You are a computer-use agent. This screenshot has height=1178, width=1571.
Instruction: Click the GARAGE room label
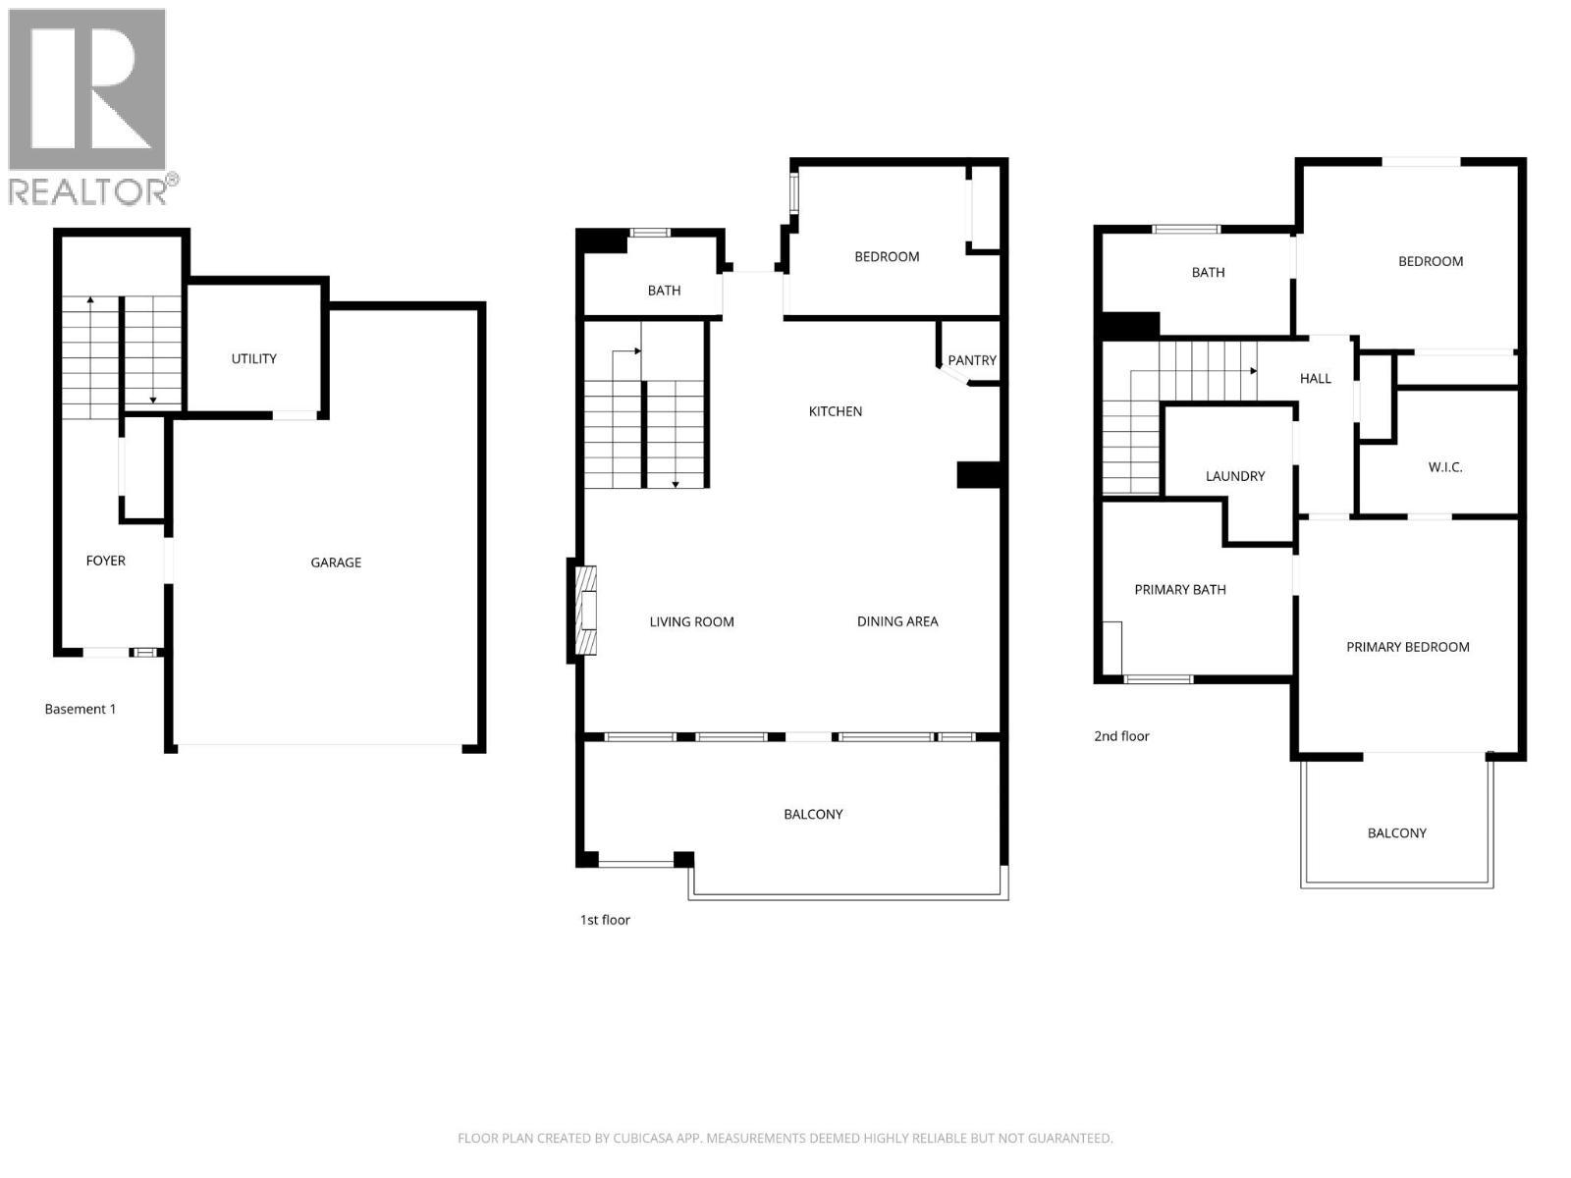(x=336, y=562)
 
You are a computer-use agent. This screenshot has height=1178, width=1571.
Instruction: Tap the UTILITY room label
(x=253, y=359)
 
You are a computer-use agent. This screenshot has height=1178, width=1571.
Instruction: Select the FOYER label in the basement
(x=106, y=561)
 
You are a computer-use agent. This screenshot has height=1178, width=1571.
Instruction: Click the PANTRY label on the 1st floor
(x=972, y=360)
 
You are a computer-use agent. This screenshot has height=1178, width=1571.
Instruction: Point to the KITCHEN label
(x=836, y=411)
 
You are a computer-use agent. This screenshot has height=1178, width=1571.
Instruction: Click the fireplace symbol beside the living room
(x=586, y=611)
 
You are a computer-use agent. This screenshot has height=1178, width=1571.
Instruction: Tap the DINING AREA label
(x=897, y=621)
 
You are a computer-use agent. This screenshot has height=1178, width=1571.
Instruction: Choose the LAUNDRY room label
(x=1235, y=476)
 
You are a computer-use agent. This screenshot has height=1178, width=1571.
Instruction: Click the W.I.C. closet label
(x=1445, y=467)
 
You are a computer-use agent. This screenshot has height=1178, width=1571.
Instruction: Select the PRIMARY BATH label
(x=1180, y=590)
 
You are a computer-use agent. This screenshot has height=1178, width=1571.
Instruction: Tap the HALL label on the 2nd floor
(x=1316, y=379)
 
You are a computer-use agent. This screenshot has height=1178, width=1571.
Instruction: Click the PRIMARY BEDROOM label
(x=1408, y=647)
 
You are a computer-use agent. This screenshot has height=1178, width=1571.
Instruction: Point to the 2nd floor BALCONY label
(x=1397, y=833)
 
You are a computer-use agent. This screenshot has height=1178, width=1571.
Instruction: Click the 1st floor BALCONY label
(x=813, y=815)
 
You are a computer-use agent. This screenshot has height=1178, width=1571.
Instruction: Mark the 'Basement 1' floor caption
(x=81, y=709)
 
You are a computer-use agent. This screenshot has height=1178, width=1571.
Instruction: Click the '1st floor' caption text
(x=605, y=920)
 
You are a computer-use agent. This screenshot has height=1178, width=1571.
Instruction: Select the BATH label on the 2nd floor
(x=1208, y=273)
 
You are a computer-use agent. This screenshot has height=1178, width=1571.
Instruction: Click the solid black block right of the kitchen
(x=978, y=475)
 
